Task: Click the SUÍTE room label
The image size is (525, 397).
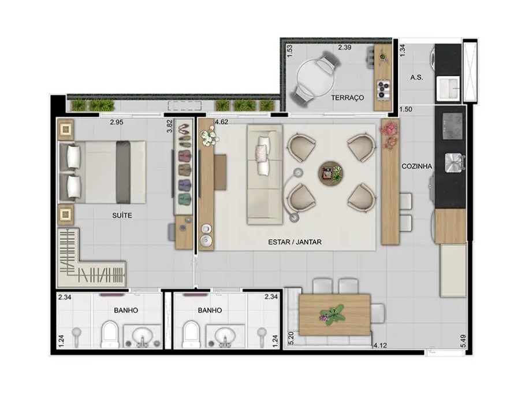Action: pos(122,216)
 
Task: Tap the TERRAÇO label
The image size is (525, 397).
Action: pos(348,98)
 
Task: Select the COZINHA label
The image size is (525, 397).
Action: pos(417,166)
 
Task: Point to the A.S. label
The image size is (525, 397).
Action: pos(416,77)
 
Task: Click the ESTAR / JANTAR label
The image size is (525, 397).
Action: pos(295,242)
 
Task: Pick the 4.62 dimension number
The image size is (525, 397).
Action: pos(222,123)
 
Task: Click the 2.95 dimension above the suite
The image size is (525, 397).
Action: pos(117,123)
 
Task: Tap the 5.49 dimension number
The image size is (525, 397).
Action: pos(463,342)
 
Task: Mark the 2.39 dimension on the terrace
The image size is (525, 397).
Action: pos(345,47)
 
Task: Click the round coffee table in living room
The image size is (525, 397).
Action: pos(331,173)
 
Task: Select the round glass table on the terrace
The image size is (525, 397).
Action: pos(315,79)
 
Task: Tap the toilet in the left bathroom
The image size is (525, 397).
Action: pos(110,334)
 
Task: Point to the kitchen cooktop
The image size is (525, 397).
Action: pos(453,125)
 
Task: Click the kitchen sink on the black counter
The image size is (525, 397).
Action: pos(454,162)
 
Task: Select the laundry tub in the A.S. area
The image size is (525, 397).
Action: pos(448,88)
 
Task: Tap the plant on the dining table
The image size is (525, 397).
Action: pos(332,314)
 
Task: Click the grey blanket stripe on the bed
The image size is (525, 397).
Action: pos(123,172)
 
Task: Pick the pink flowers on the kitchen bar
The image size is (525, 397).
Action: pos(389,134)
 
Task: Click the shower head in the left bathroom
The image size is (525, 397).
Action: pos(77,335)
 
